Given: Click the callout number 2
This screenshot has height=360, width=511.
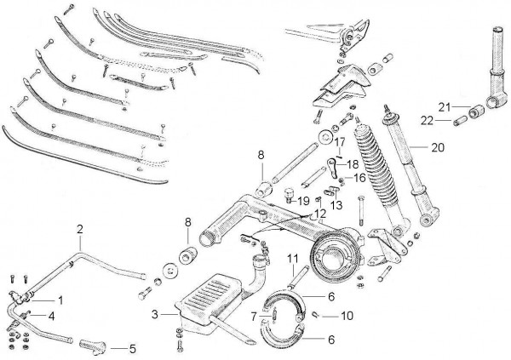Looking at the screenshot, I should (80, 230).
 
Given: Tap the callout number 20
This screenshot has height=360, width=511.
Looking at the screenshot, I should (438, 146).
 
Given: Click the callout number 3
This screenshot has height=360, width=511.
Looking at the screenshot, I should (155, 316).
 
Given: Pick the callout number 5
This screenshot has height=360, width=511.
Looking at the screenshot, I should (132, 347).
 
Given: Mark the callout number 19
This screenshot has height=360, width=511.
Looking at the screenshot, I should (304, 201).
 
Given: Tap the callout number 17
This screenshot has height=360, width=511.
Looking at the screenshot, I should (338, 141).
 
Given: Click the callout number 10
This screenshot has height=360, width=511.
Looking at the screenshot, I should (347, 316).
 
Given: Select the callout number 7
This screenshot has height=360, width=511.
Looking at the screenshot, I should (255, 316).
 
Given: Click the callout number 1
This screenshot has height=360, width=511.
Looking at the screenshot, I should (60, 300).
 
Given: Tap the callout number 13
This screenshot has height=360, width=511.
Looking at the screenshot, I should (336, 205).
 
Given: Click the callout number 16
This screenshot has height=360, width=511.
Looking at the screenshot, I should (359, 179).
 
